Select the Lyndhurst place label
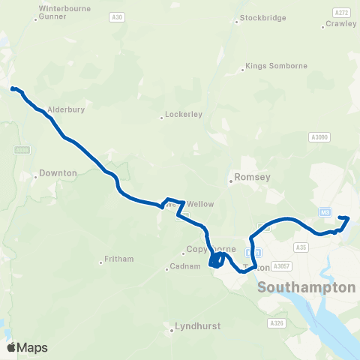pyautogui.click(x=193, y=326)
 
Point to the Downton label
pyautogui.click(x=58, y=173)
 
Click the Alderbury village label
pyautogui.click(x=66, y=109)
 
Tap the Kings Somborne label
pyautogui.click(x=277, y=66)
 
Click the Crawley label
pyautogui.click(x=341, y=24)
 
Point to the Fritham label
pyautogui.click(x=119, y=259)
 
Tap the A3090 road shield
pyautogui.click(x=319, y=137)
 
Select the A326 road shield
pyautogui.click(x=275, y=322)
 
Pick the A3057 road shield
pyautogui.click(x=282, y=265)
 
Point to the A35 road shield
pyautogui.click(x=302, y=247)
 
